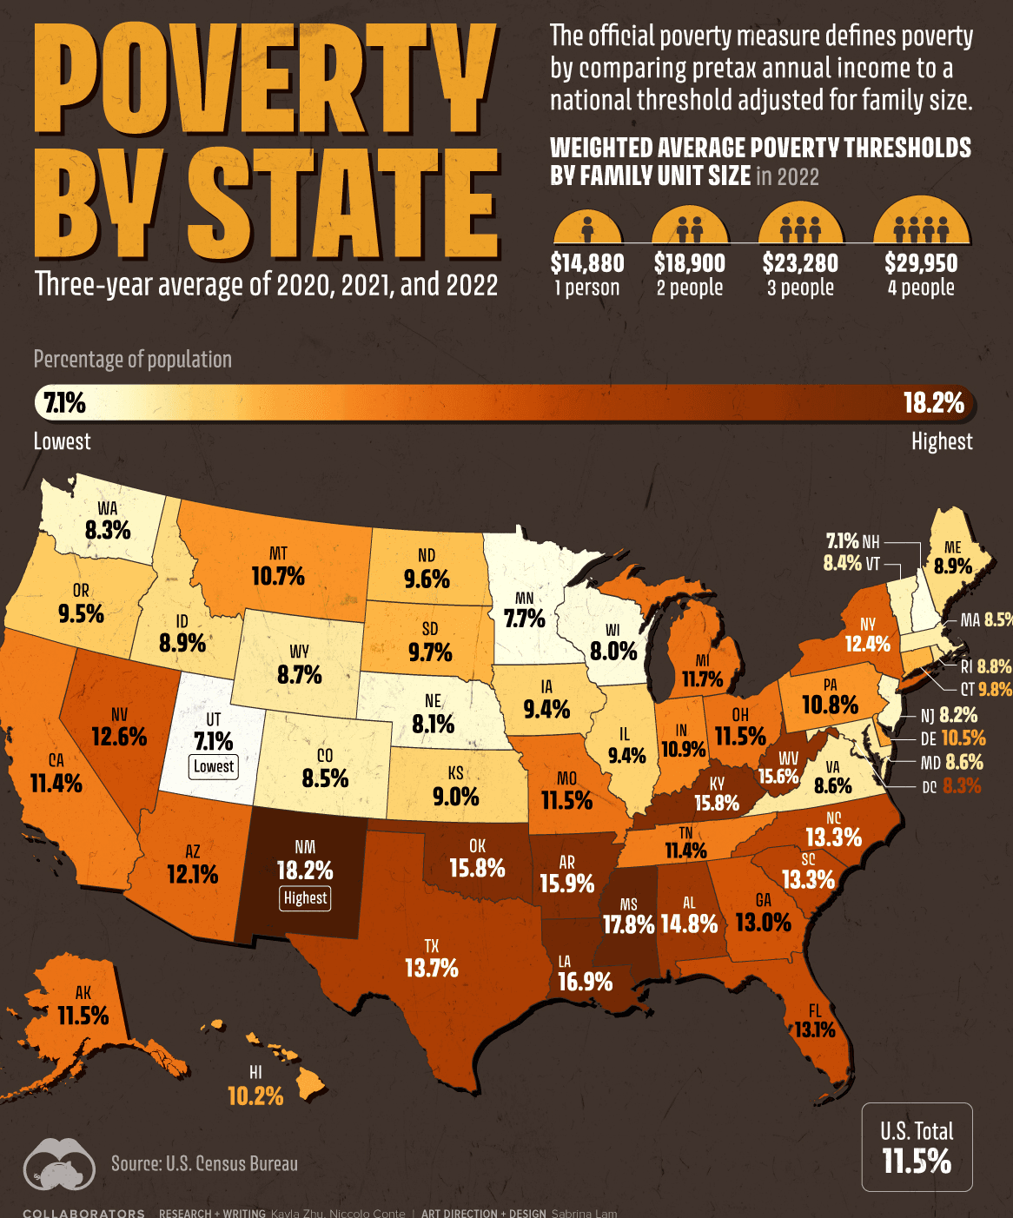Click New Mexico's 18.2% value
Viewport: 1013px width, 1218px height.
click(x=305, y=870)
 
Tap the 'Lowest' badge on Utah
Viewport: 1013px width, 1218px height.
click(x=214, y=766)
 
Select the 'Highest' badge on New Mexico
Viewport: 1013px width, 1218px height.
click(x=305, y=897)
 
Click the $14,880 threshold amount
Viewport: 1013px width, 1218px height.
click(x=587, y=263)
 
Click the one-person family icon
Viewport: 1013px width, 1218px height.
click(x=587, y=227)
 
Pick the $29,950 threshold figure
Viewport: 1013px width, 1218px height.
click(x=921, y=263)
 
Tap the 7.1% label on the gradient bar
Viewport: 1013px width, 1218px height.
click(x=65, y=402)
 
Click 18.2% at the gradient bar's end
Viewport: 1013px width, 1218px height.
click(x=934, y=402)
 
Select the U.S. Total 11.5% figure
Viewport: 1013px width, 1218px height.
click(x=917, y=1161)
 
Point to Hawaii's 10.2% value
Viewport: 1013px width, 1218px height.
click(x=255, y=1096)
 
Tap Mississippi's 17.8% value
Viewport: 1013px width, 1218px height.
click(x=628, y=924)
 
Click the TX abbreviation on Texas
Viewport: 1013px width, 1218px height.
click(x=431, y=946)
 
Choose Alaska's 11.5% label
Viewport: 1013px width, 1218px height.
click(x=83, y=1016)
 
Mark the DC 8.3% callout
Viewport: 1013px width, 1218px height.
click(x=951, y=786)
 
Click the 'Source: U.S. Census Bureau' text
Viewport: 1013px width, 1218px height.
click(x=204, y=1163)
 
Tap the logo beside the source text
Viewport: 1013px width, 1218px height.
click(x=59, y=1164)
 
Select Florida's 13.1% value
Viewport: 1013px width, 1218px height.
click(x=815, y=1029)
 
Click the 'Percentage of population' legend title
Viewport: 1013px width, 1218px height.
click(x=132, y=360)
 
